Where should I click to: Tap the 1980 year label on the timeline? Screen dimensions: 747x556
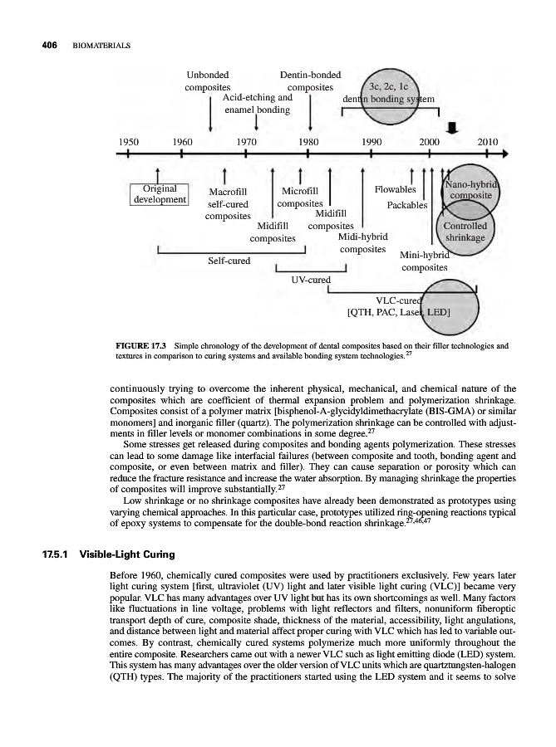pos(309,140)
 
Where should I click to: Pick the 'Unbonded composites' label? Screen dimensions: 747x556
pos(208,79)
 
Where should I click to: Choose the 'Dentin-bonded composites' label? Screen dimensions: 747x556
pos(310,79)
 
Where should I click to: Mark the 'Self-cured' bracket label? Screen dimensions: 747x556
pos(229,261)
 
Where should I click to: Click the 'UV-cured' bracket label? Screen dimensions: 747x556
pos(309,281)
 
